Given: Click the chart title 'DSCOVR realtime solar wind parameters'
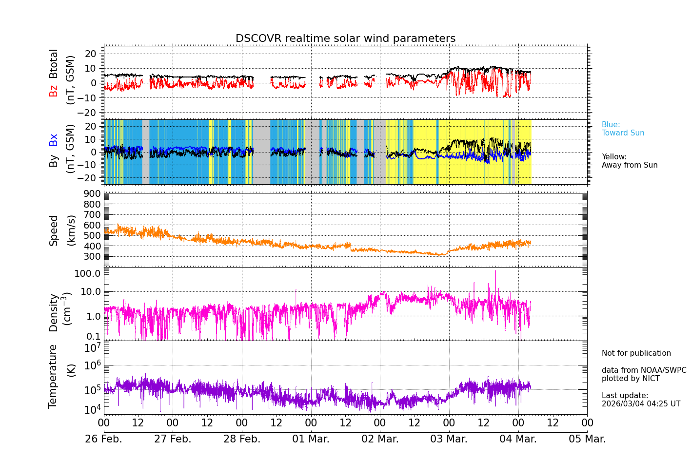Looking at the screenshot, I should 345,38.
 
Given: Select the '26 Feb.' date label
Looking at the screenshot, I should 103,439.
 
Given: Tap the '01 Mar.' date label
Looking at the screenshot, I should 311,439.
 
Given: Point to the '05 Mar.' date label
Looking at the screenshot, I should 587,439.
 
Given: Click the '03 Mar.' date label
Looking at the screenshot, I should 449,439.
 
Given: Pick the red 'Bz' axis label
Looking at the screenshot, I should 53,91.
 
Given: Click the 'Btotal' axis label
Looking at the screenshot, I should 53,63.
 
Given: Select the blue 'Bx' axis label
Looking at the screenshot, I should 53,139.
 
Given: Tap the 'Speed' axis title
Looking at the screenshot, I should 53,230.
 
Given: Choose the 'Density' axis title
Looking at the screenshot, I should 53,312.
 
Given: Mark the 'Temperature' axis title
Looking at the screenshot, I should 53,376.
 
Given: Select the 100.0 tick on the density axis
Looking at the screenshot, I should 87,273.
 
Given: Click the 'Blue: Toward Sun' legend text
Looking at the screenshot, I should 623,129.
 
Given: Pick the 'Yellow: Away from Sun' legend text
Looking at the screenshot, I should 629,161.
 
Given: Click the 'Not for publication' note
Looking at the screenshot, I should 636,353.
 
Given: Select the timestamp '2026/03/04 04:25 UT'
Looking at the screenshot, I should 641,404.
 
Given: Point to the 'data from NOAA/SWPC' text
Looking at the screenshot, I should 644,370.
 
